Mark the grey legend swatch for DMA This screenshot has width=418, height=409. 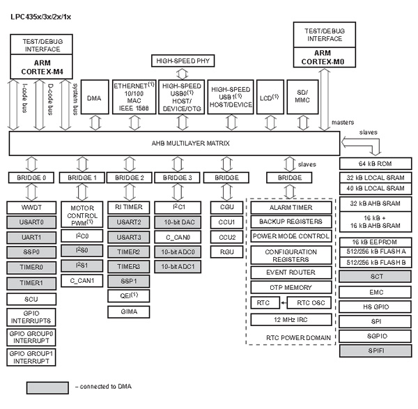pyautogui.click(x=47, y=387)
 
